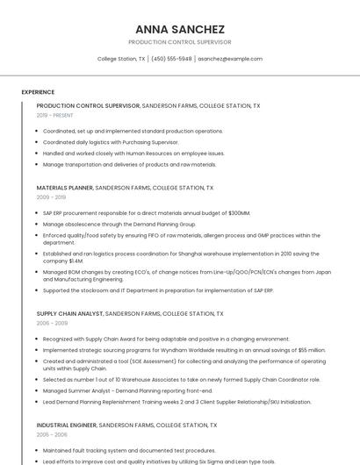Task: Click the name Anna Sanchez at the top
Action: click(180, 29)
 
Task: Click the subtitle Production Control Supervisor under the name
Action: click(180, 42)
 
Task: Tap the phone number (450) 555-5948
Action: click(171, 59)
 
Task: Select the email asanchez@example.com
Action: click(230, 59)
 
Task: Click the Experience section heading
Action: click(38, 92)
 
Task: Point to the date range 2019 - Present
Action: click(54, 115)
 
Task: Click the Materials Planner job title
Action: click(64, 188)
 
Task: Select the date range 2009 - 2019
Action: click(50, 197)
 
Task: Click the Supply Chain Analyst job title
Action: click(69, 313)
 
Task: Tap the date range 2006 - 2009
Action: click(52, 323)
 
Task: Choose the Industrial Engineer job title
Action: click(67, 425)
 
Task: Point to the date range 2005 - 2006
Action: click(52, 434)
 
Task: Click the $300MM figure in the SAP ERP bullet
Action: click(238, 213)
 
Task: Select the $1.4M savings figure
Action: click(76, 261)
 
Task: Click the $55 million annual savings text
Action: click(306, 350)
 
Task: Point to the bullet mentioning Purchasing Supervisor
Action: click(111, 142)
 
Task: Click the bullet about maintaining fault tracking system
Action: click(129, 450)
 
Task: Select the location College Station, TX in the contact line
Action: click(121, 59)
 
